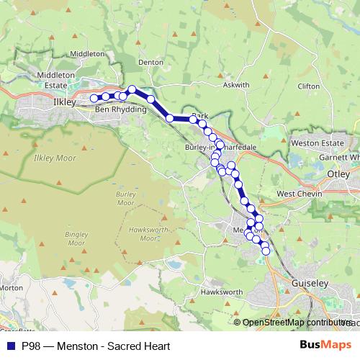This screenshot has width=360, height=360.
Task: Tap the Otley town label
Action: [x=338, y=174]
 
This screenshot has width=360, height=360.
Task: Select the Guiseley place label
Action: [x=310, y=284]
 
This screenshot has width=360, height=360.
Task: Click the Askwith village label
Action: [x=235, y=85]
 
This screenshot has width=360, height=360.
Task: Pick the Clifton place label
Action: [x=307, y=86]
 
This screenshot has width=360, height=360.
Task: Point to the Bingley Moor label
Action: [x=76, y=239]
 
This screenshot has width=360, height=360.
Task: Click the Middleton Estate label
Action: [x=55, y=79]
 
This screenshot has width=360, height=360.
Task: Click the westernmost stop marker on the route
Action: [x=94, y=98]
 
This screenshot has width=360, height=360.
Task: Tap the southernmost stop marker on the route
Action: [x=266, y=251]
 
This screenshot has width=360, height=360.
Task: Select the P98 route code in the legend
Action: [x=31, y=346]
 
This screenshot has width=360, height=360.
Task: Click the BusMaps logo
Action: [x=325, y=345]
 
